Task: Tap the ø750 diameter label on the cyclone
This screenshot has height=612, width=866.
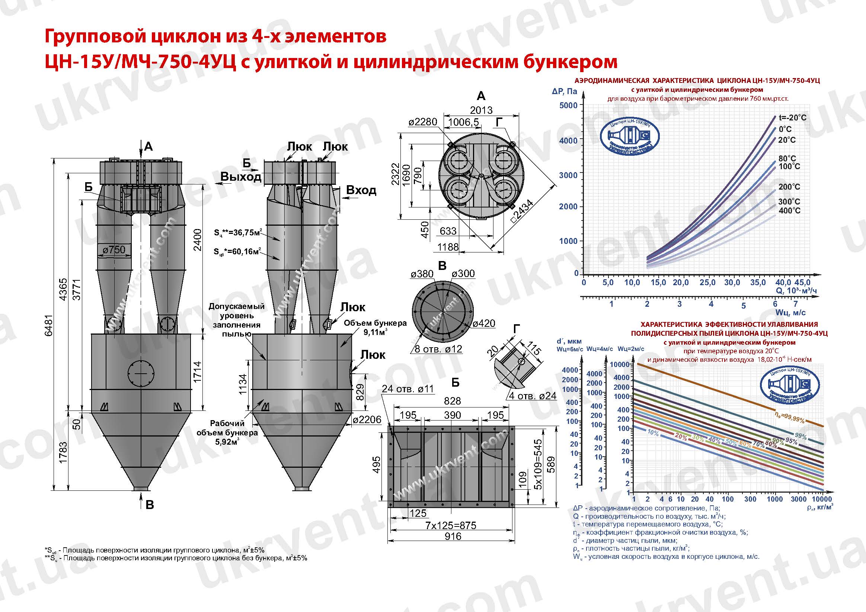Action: click(114, 249)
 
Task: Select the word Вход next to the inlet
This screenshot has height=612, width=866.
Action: click(361, 190)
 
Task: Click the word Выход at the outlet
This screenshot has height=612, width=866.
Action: click(241, 176)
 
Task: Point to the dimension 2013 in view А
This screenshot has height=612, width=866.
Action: click(481, 110)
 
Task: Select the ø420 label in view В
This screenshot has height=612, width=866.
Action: click(484, 323)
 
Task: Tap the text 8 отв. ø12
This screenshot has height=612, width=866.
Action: click(438, 349)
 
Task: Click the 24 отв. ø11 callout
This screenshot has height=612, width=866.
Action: click(408, 389)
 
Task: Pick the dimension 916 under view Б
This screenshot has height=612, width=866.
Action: click(453, 536)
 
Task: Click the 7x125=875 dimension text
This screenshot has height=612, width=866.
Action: click(450, 525)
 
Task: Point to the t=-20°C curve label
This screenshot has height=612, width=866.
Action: click(792, 117)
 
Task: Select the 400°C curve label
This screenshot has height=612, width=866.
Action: click(789, 211)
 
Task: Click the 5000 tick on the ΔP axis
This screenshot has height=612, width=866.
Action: click(568, 105)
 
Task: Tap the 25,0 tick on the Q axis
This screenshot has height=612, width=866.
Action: click(707, 282)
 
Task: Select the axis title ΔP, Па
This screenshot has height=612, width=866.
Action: click(564, 91)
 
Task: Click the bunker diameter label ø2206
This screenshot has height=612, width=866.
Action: click(367, 420)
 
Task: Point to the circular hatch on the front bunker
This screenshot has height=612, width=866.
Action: click(141, 373)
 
